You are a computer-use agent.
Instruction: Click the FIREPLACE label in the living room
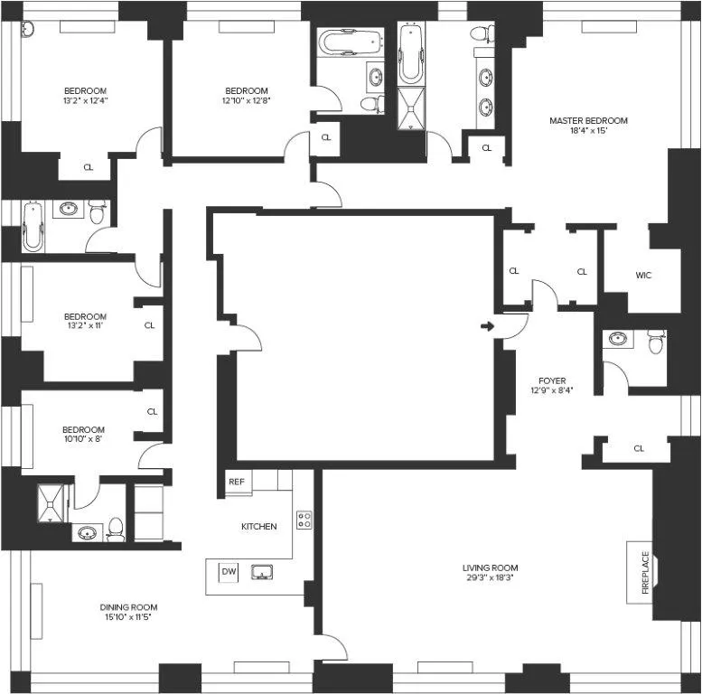pyautogui.click(x=645, y=571)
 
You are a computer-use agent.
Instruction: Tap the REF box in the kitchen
pyautogui.click(x=236, y=482)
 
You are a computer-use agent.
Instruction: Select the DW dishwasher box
pyautogui.click(x=229, y=571)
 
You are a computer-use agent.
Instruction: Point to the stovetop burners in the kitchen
pyautogui.click(x=305, y=520)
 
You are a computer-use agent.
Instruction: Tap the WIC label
pyautogui.click(x=643, y=274)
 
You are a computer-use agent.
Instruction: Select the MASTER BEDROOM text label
pyautogui.click(x=588, y=120)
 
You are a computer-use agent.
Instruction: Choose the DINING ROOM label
pyautogui.click(x=128, y=607)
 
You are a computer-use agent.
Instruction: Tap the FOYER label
pyautogui.click(x=551, y=380)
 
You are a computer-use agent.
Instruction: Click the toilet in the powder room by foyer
pyautogui.click(x=656, y=342)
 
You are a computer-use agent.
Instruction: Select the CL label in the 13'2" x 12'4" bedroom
pyautogui.click(x=88, y=167)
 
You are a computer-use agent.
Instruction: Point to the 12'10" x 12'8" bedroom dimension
pyautogui.click(x=247, y=101)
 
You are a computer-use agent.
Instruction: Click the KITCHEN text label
pyautogui.click(x=258, y=526)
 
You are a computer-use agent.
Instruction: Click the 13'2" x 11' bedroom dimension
pyautogui.click(x=85, y=328)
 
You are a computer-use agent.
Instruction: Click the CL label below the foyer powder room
pyautogui.click(x=639, y=448)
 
